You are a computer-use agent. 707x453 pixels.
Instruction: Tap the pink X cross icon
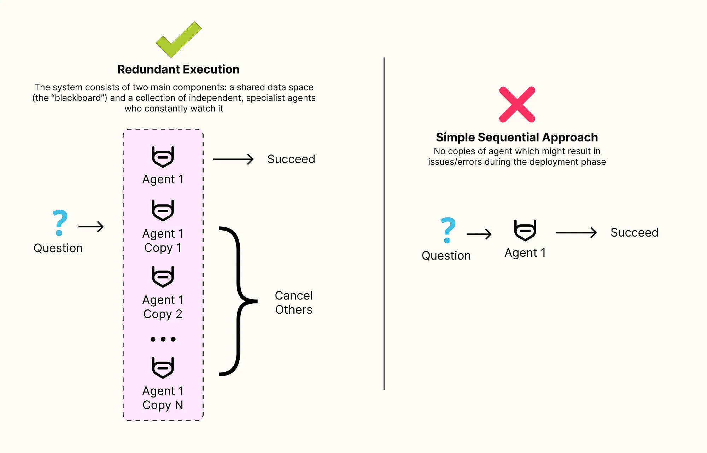(517, 105)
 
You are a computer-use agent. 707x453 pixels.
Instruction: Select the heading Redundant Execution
(178, 69)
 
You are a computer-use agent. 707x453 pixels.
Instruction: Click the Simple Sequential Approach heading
(517, 137)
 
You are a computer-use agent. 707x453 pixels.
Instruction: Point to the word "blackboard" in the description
(78, 98)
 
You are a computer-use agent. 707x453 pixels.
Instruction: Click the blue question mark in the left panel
(60, 223)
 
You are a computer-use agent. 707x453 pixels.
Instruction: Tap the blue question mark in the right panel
(448, 230)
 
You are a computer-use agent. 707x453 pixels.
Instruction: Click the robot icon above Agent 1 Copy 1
(163, 210)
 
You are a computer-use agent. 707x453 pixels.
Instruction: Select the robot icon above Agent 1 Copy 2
(163, 277)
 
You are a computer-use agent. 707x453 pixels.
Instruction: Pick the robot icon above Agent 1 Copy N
(163, 368)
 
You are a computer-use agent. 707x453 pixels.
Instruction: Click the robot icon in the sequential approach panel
(525, 231)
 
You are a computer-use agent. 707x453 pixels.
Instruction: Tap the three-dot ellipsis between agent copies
(163, 339)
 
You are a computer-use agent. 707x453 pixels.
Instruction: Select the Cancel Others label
(293, 303)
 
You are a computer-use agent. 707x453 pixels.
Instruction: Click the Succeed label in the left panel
(291, 159)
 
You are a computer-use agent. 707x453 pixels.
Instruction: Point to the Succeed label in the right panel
(634, 233)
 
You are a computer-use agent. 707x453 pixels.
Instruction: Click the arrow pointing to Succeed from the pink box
(233, 159)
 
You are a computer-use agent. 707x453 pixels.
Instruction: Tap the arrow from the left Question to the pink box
(91, 227)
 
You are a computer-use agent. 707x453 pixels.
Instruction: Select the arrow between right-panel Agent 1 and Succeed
(576, 233)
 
